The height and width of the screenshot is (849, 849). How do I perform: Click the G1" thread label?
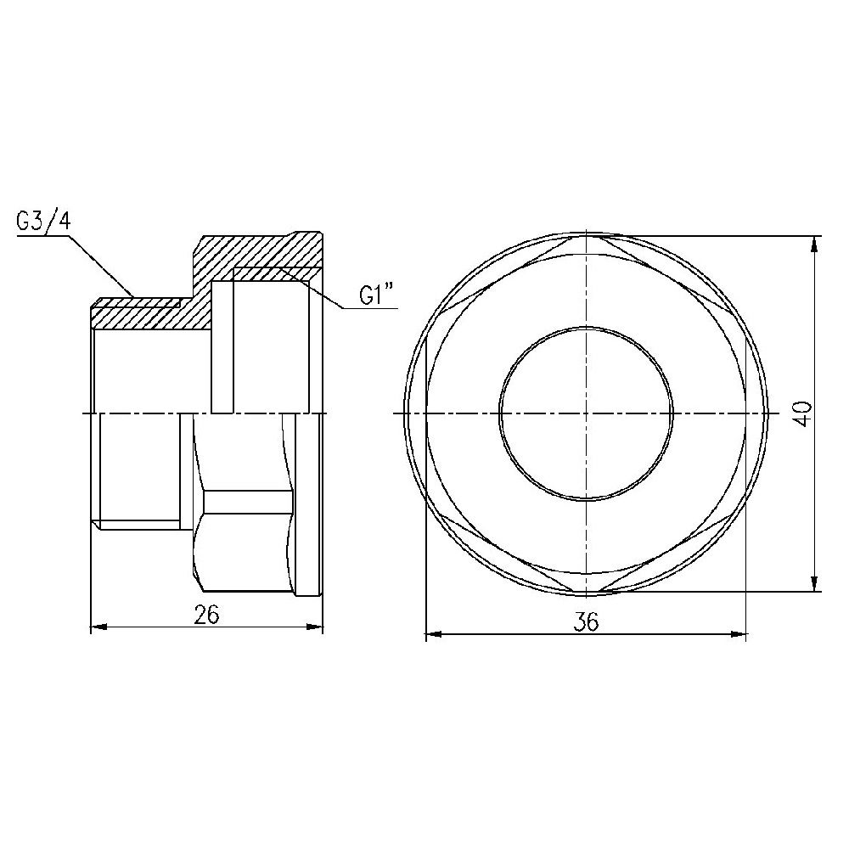[x=378, y=296]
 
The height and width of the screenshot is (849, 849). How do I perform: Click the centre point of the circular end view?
[x=585, y=413]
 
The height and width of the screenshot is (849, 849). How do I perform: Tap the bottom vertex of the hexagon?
[x=585, y=591]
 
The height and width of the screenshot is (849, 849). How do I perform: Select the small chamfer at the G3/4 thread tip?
[x=97, y=303]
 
